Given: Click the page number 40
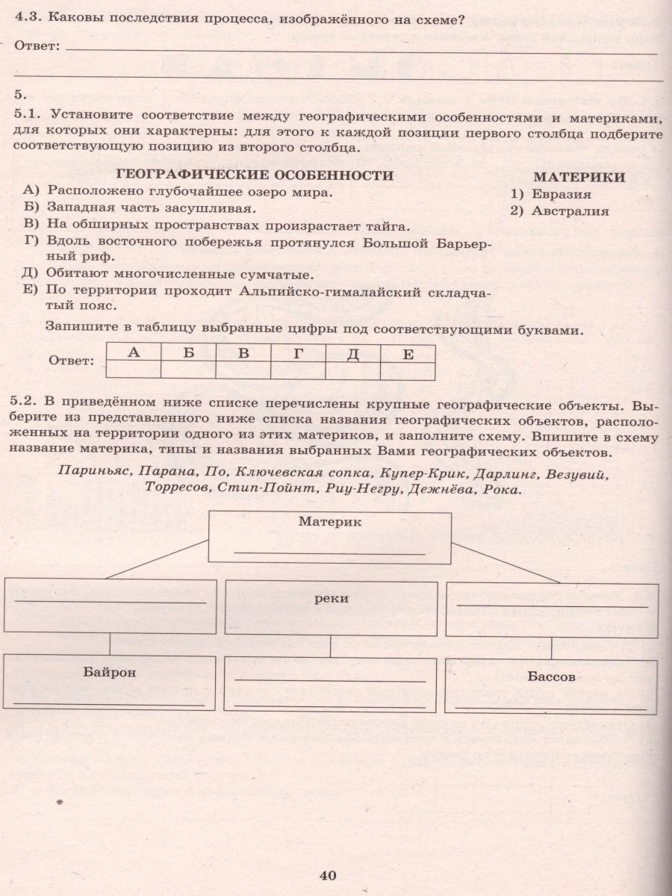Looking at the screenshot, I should point(329,876).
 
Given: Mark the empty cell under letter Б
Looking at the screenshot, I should point(188,370).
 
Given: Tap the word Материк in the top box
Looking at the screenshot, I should point(330,523).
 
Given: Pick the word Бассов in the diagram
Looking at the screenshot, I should point(551,677).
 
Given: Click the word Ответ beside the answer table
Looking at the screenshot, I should point(72,361).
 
